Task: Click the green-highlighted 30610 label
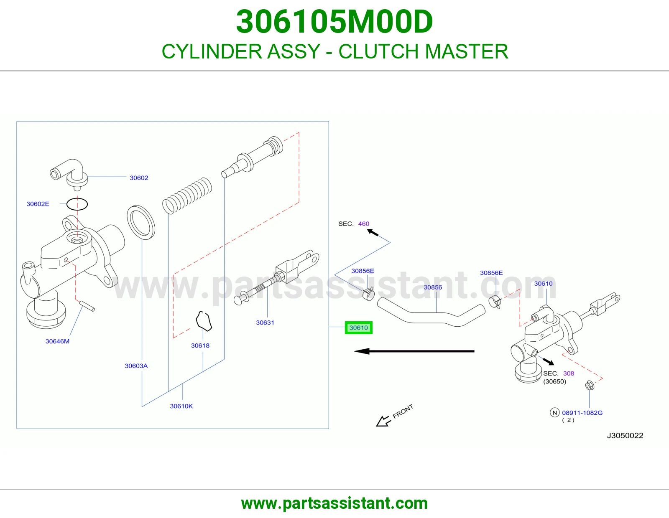pyautogui.click(x=358, y=328)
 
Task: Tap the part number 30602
pyautogui.click(x=139, y=178)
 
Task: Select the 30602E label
pyautogui.click(x=38, y=204)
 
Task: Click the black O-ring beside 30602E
pyautogui.click(x=77, y=204)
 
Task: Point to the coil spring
pyautogui.click(x=187, y=196)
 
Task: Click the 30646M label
pyautogui.click(x=58, y=341)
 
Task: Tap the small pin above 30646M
pyautogui.click(x=87, y=306)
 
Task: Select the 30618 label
pyautogui.click(x=200, y=345)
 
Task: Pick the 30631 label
pyautogui.click(x=265, y=322)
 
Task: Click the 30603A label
pyautogui.click(x=136, y=366)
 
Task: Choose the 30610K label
pyautogui.click(x=181, y=406)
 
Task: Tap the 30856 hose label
pyautogui.click(x=433, y=287)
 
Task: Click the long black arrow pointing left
pyautogui.click(x=414, y=351)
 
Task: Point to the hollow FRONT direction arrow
pyautogui.click(x=383, y=421)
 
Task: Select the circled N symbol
pyautogui.click(x=555, y=412)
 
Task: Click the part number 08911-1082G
pyautogui.click(x=582, y=413)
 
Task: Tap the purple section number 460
pyautogui.click(x=364, y=223)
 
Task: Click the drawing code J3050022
pyautogui.click(x=625, y=436)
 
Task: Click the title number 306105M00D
pyautogui.click(x=334, y=21)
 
